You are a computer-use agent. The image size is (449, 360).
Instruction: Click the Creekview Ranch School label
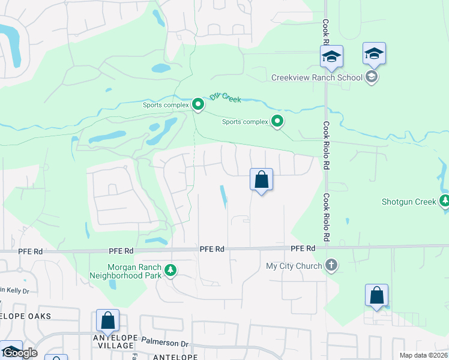click(x=317, y=77)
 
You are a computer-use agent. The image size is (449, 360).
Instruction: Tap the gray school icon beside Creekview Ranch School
click(x=372, y=76)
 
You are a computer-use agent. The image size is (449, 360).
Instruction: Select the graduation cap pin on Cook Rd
click(x=331, y=57)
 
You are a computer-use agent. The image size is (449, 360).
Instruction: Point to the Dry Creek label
click(x=225, y=97)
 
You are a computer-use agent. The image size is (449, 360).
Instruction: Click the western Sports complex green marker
click(x=198, y=105)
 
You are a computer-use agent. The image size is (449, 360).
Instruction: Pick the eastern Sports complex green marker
click(x=277, y=122)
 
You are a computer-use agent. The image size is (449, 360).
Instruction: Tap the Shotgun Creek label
click(x=409, y=202)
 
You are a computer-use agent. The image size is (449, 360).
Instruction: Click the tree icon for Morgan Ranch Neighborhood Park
click(x=171, y=271)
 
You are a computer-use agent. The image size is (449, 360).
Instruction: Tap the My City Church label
click(x=294, y=265)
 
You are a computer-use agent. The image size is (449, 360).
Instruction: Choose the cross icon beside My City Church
click(x=331, y=265)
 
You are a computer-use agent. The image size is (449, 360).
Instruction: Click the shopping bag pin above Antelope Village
click(x=107, y=320)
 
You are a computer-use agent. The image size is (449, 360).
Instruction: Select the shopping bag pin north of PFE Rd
click(x=261, y=179)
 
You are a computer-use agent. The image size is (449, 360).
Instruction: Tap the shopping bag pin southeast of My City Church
click(x=376, y=295)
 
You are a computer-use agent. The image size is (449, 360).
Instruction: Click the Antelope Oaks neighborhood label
click(x=34, y=316)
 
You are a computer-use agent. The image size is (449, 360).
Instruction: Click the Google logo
click(x=19, y=353)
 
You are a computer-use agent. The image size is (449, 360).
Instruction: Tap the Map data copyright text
click(x=424, y=355)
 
